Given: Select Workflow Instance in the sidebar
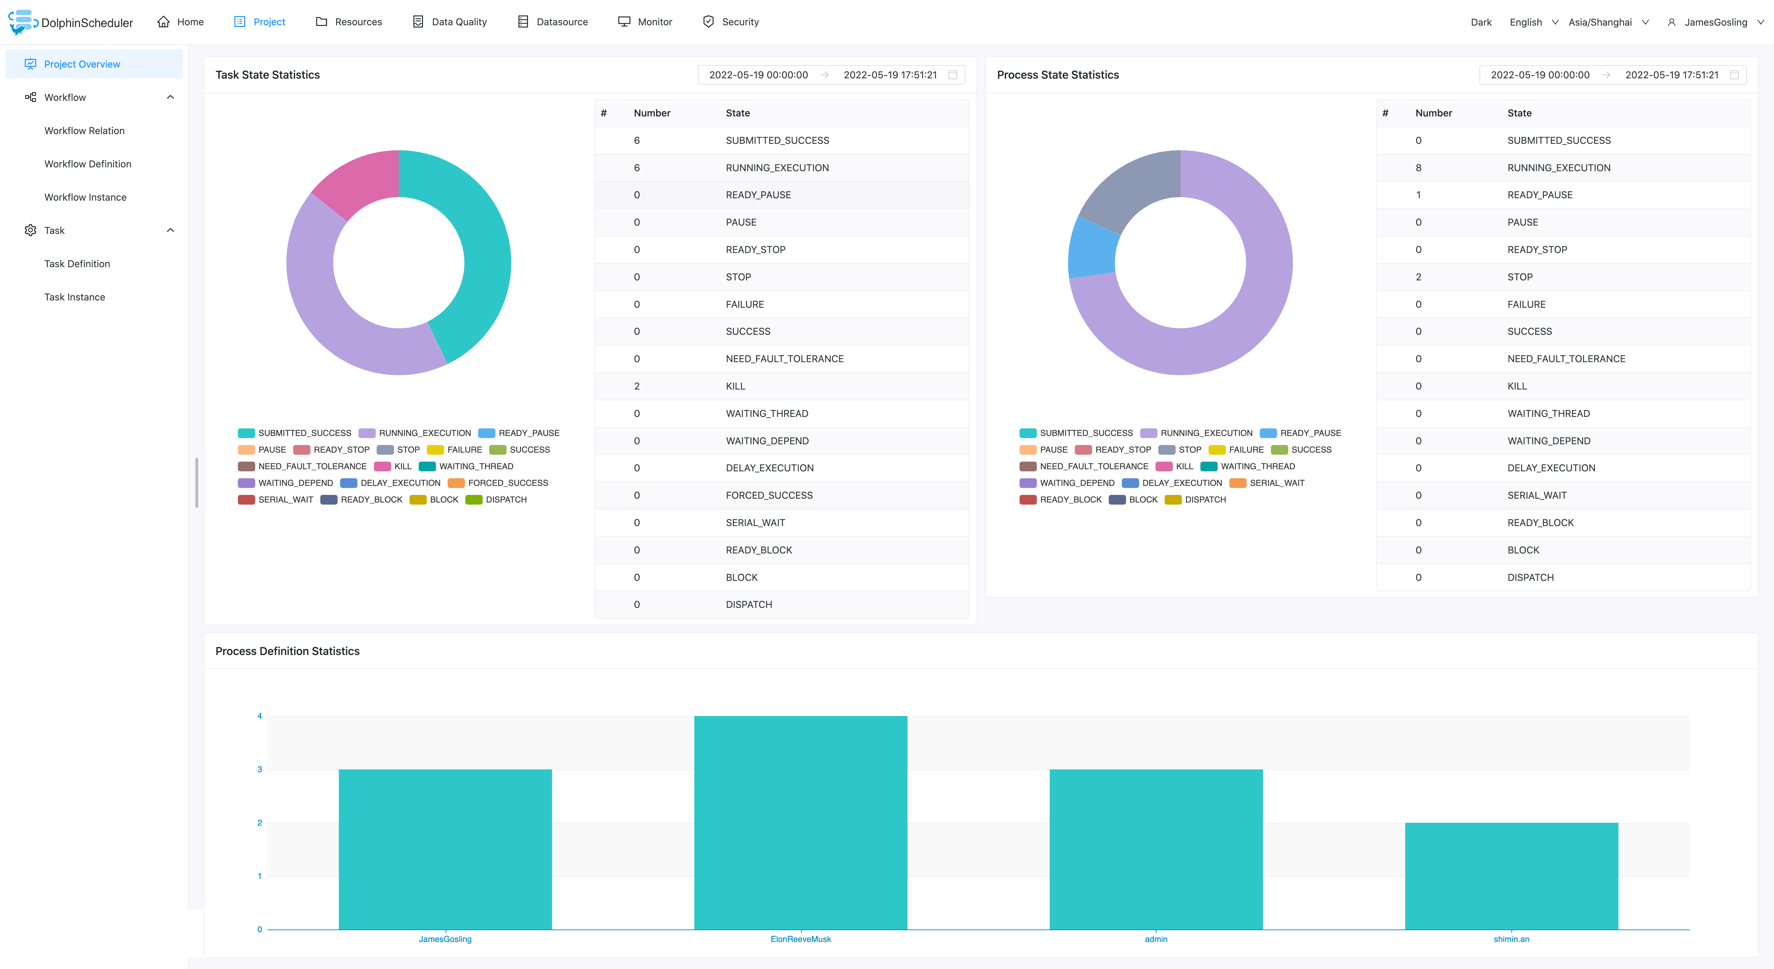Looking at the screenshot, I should [x=85, y=197].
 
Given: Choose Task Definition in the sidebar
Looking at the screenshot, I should [x=77, y=264].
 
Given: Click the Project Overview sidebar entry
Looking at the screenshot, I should [x=82, y=64].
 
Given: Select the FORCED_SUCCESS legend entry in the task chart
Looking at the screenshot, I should [x=508, y=483].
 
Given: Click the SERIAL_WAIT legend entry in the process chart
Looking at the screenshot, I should [x=1276, y=483].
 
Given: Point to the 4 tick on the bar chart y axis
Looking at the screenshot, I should [x=260, y=716].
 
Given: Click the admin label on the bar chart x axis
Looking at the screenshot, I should [x=1156, y=940].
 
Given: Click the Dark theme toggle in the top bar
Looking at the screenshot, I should [x=1481, y=22].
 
